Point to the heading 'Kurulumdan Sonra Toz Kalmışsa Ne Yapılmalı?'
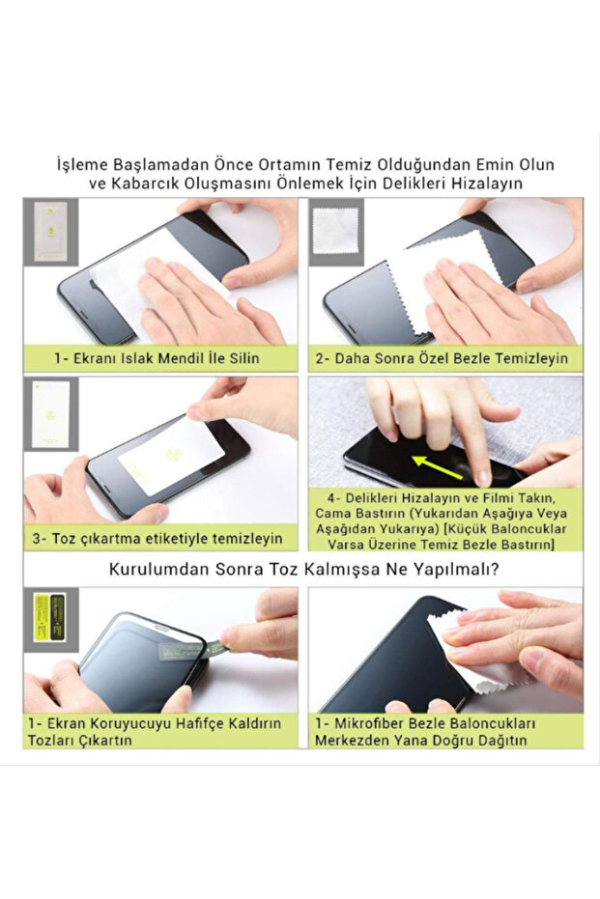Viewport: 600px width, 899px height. (x=303, y=569)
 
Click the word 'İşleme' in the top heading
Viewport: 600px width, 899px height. (x=84, y=164)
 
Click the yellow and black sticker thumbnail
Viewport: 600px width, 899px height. (x=50, y=610)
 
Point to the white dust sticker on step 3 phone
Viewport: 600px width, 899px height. (x=170, y=456)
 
